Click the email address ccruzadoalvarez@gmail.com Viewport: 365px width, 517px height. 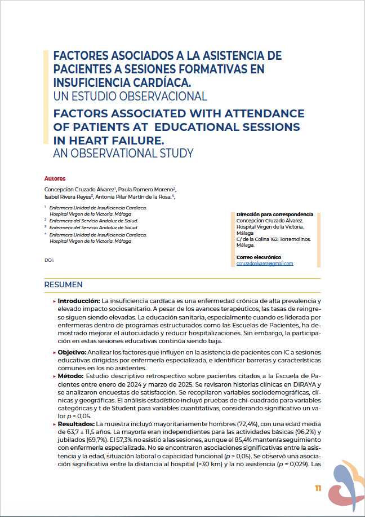pos(265,264)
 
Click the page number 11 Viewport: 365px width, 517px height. pos(318,488)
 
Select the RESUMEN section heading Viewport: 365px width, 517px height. pos(64,284)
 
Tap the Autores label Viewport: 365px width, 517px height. pos(55,178)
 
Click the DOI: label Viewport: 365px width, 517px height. pos(49,260)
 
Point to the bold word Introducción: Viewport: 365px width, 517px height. pos(79,302)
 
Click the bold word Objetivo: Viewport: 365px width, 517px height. pos(74,352)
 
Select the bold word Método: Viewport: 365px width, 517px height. pos(71,376)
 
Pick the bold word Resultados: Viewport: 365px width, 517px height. pos(76,423)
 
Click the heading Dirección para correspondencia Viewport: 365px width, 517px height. pos(274,214)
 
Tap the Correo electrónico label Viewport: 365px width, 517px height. pos(259,257)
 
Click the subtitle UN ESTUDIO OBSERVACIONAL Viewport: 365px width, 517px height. pos(130,96)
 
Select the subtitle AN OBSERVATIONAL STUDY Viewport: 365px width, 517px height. pos(123,153)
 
